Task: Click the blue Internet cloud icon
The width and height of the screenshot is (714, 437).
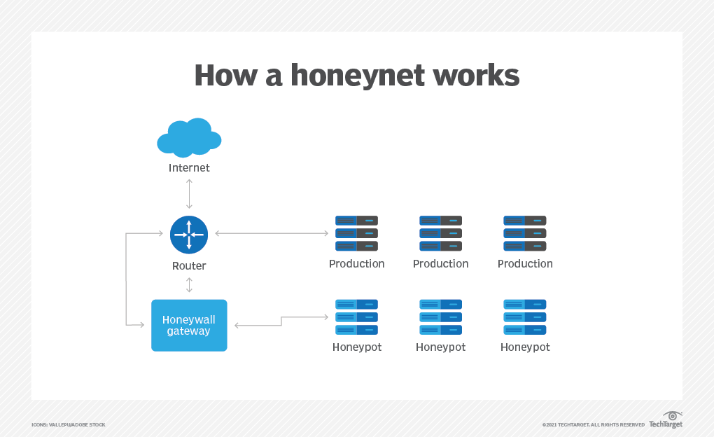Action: coord(189,137)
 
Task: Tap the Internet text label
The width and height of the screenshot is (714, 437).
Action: coord(189,168)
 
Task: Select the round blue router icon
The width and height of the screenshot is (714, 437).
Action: coord(189,235)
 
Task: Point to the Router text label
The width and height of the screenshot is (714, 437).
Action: coord(189,266)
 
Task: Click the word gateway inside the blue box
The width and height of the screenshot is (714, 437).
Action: coord(189,331)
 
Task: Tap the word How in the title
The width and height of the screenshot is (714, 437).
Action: coord(219,76)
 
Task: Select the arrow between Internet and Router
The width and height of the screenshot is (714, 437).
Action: coord(189,194)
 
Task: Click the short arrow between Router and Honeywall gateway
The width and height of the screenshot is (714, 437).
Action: coord(189,285)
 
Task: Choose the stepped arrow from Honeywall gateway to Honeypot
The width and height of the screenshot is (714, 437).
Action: coord(281,321)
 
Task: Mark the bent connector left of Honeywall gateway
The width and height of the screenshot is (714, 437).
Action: coord(127,280)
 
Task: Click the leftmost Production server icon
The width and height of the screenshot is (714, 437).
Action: coord(357,233)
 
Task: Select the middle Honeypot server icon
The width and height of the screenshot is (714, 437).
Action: coord(441,317)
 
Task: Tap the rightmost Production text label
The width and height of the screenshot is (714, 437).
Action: coord(525,264)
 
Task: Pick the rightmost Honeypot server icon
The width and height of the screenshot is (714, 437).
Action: coord(525,317)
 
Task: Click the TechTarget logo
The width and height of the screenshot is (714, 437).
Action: coord(666,420)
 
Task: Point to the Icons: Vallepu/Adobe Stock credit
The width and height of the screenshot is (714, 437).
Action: coord(69,425)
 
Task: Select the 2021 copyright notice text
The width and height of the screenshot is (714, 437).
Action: coord(593,425)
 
